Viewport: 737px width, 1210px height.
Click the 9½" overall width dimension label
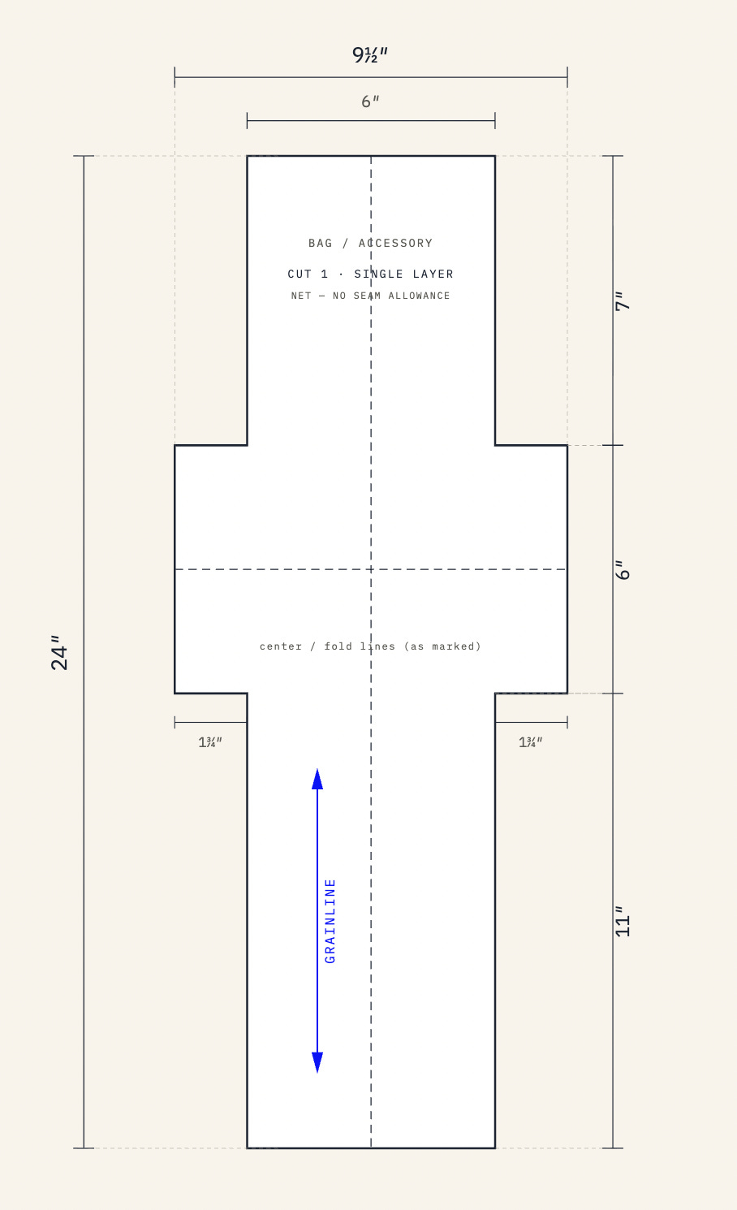370,55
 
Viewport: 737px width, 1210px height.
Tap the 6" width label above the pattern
370,102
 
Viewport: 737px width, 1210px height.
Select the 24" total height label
59,653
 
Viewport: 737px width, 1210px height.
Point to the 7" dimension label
623,301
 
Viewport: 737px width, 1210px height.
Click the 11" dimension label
623,922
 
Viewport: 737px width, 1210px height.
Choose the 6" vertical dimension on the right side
623,570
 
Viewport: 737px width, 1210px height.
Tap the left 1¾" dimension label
210,742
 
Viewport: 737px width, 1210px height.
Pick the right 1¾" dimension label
530,742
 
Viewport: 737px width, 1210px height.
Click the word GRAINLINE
330,921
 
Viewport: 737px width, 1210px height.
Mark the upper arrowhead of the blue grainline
317,780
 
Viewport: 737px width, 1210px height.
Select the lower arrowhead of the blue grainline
317,1062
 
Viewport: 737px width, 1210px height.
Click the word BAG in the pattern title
321,243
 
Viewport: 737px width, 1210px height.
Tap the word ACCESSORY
396,243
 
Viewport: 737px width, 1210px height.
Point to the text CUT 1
308,274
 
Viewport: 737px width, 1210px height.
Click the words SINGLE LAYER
404,274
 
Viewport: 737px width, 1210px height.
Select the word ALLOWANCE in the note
419,296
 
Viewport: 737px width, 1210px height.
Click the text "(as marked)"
442,646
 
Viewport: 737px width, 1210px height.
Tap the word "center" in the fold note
281,646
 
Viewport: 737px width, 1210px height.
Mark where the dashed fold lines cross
371,569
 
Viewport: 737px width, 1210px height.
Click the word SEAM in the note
367,296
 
